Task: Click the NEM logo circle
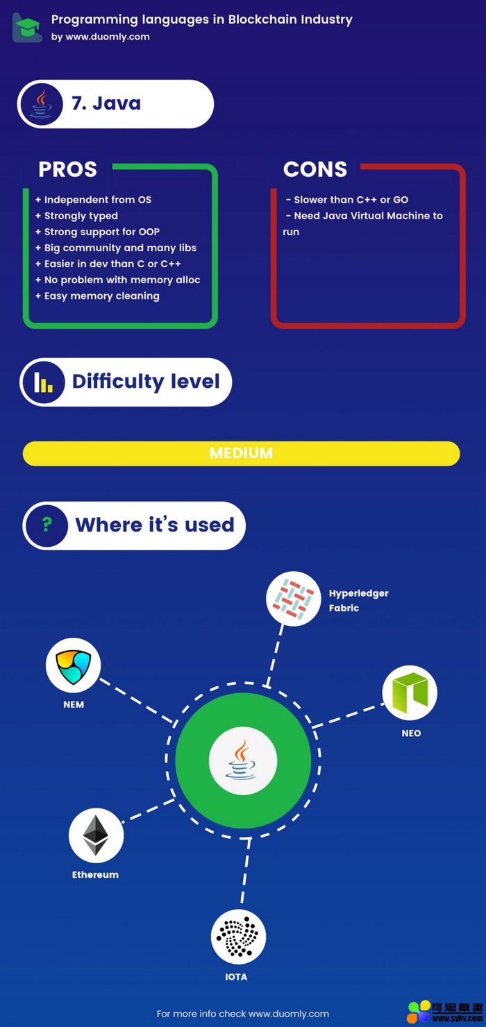click(x=73, y=665)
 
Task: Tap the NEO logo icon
click(x=410, y=693)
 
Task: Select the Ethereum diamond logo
click(x=96, y=835)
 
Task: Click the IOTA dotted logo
click(x=238, y=937)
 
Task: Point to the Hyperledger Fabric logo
click(x=293, y=598)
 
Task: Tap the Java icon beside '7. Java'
click(x=41, y=104)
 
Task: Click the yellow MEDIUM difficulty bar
click(x=242, y=453)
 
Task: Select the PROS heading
click(x=68, y=169)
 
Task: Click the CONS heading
click(x=315, y=169)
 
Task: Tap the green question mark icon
click(x=47, y=525)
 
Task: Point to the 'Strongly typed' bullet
click(x=76, y=216)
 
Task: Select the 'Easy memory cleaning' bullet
click(x=97, y=296)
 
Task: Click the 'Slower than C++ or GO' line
click(x=347, y=200)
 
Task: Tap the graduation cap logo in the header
click(x=28, y=28)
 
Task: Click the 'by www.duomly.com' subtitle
click(x=101, y=37)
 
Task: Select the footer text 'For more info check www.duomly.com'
click(x=243, y=1013)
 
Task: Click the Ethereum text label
click(x=95, y=874)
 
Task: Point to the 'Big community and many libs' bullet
click(x=116, y=248)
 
